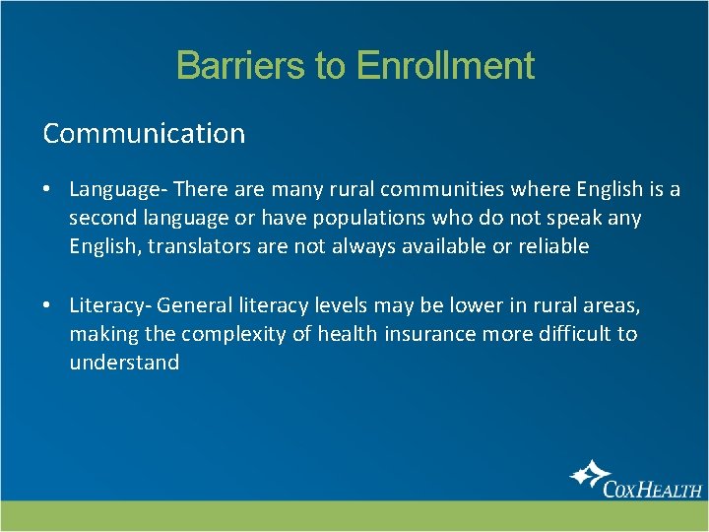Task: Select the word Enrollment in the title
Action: point(445,66)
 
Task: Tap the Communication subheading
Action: point(144,133)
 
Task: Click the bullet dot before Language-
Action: point(47,189)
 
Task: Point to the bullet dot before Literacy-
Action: point(47,306)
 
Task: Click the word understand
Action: point(124,363)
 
